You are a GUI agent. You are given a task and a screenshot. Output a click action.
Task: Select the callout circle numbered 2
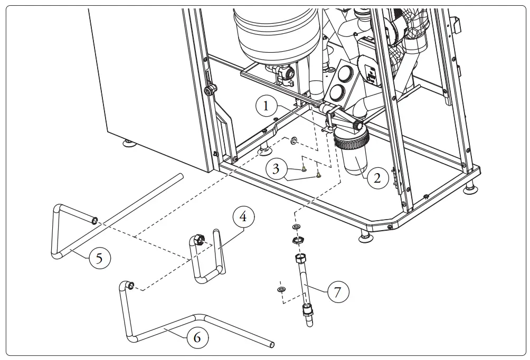tap(377, 177)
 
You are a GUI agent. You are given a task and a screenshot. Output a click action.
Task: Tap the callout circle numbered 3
tap(277, 170)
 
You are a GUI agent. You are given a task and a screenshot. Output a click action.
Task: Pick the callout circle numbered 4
tap(243, 216)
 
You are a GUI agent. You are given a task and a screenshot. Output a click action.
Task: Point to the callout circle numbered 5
tap(100, 258)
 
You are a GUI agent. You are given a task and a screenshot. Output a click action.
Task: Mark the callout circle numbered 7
tap(338, 291)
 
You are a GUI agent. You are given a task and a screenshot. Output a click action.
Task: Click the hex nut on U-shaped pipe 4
tap(200, 240)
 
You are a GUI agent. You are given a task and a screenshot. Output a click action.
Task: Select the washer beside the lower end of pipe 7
tap(281, 289)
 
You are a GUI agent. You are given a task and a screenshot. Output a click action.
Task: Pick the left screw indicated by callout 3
tap(304, 169)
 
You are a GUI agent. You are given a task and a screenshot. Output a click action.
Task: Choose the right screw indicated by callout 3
tap(318, 175)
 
